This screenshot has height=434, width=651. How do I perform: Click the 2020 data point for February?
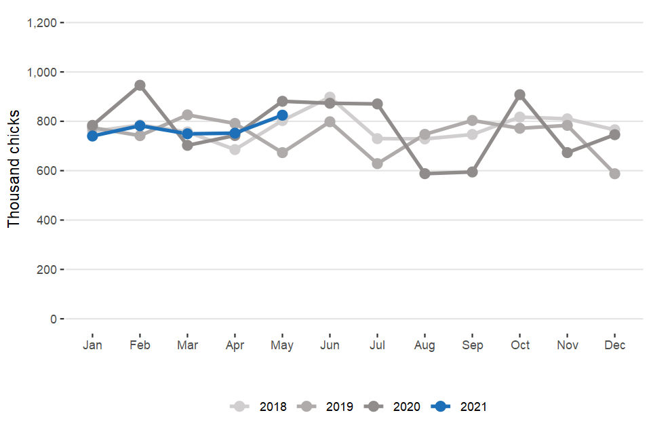(x=140, y=85)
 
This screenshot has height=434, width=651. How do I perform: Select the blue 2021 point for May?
(x=282, y=115)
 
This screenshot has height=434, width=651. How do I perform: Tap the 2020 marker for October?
(x=519, y=95)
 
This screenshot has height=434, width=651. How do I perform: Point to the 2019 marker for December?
(x=614, y=174)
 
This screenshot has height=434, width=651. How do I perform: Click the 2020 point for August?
(x=425, y=174)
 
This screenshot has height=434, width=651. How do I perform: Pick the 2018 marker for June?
(x=330, y=98)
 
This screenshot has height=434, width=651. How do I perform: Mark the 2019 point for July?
(x=377, y=163)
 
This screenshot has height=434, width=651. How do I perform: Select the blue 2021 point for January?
(x=92, y=136)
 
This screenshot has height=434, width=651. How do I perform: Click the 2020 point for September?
(x=472, y=172)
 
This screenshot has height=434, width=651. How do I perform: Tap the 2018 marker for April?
(x=235, y=149)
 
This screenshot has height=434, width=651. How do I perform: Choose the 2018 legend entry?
(x=259, y=407)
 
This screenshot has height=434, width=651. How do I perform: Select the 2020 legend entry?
(x=393, y=407)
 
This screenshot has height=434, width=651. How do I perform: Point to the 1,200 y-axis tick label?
(x=41, y=23)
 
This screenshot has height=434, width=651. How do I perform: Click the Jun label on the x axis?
(x=330, y=345)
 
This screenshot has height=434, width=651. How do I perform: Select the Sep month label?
(x=472, y=345)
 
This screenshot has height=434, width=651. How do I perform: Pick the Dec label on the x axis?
(x=614, y=345)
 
